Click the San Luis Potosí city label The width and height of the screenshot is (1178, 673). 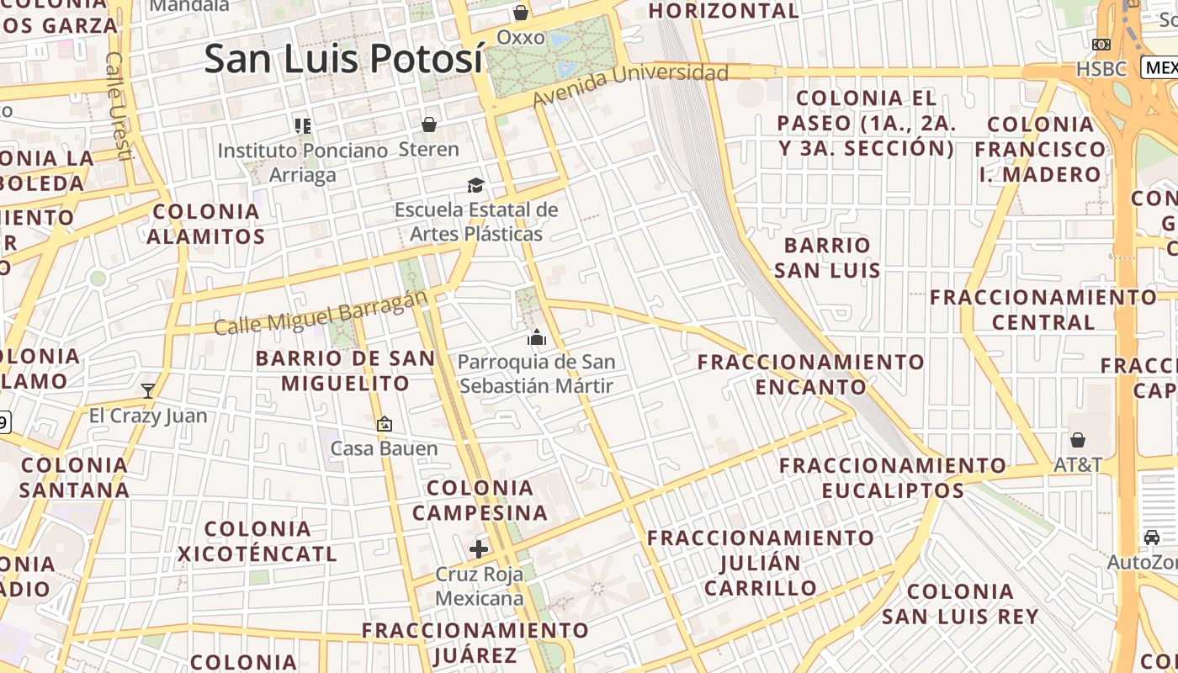[343, 59]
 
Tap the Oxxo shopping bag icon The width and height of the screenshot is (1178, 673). [521, 13]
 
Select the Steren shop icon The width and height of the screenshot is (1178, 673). [429, 125]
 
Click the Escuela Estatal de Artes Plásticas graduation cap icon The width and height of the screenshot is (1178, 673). [476, 184]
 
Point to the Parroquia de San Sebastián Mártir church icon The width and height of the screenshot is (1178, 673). [537, 338]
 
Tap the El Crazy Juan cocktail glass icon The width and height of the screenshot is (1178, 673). [148, 390]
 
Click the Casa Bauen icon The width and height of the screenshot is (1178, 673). [385, 424]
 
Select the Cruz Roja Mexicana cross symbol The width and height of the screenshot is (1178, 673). [479, 549]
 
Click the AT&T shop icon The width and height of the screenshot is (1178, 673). [1078, 440]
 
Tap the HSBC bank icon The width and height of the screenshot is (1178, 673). [1101, 45]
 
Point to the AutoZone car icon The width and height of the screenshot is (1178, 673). [1152, 538]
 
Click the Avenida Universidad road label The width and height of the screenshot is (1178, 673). [631, 85]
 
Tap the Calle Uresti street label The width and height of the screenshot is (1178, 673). [119, 105]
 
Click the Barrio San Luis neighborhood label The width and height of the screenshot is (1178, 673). [827, 257]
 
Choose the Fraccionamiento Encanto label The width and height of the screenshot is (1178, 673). [811, 374]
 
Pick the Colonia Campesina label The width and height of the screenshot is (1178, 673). [480, 500]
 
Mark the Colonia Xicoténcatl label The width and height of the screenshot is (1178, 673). [257, 541]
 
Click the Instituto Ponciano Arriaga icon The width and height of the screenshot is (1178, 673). [303, 126]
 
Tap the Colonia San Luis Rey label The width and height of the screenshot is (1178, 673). [960, 603]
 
